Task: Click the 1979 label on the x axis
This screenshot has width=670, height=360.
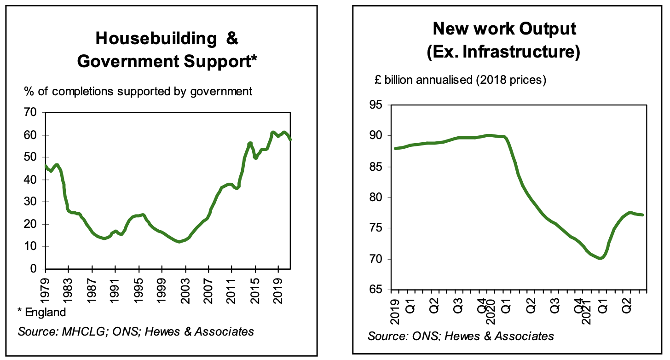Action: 45,288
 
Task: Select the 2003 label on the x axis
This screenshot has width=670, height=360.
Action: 185,288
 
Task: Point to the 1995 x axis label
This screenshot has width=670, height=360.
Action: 139,288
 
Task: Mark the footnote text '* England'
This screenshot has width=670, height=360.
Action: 42,313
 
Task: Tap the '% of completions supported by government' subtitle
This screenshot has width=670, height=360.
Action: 138,91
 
